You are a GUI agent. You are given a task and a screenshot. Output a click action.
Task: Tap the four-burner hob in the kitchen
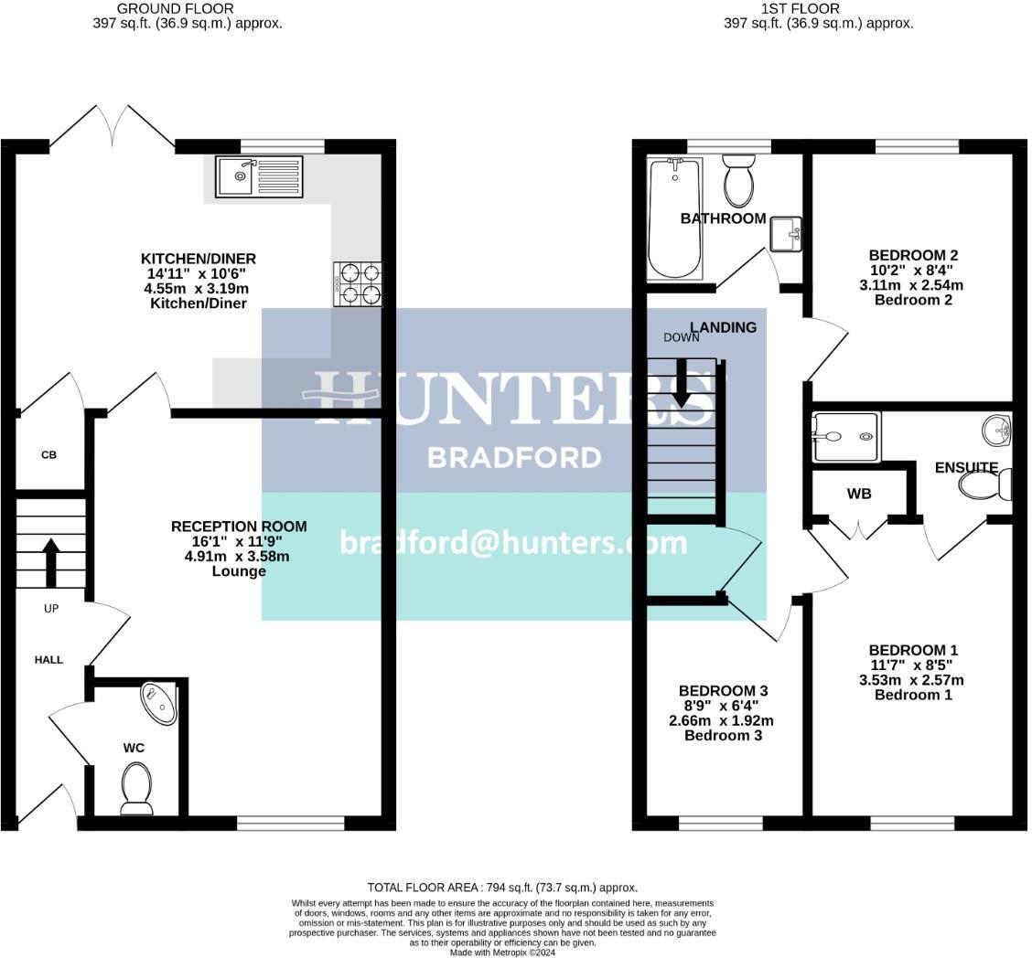(358, 283)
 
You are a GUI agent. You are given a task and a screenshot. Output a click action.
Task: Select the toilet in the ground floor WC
(137, 787)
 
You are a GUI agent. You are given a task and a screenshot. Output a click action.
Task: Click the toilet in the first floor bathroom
(738, 181)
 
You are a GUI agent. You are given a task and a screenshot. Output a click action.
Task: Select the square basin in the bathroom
(786, 234)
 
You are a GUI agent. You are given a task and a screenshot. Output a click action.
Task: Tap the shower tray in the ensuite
(845, 436)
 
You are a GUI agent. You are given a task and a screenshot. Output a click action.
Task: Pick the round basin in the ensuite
(996, 429)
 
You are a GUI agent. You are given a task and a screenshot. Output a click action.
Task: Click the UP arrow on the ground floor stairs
(50, 562)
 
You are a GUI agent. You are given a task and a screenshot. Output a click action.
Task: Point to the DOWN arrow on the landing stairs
(681, 384)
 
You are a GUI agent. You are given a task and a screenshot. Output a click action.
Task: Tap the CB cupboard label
(48, 454)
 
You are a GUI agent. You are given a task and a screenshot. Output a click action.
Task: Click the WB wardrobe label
(858, 494)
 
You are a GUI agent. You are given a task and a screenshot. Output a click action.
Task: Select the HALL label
(48, 659)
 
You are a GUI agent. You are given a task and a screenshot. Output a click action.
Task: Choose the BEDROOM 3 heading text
(723, 690)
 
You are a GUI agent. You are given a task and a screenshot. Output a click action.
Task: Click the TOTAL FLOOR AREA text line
(502, 887)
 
